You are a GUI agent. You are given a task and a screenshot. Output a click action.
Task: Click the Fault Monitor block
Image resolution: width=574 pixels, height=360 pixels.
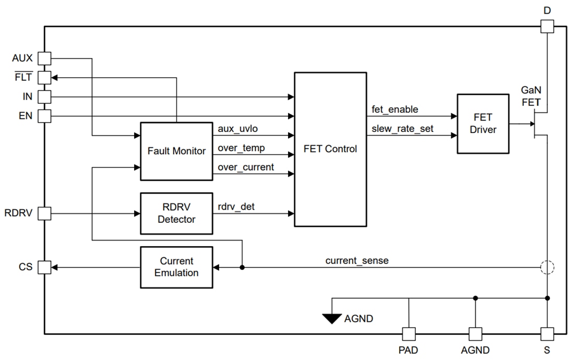coord(176,151)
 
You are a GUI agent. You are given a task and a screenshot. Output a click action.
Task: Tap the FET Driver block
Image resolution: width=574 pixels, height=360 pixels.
coord(483,124)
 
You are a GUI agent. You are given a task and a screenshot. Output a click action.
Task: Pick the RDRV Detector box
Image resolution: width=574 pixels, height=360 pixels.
coord(176,213)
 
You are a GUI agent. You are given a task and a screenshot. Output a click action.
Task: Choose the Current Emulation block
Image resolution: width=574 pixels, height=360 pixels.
coord(176,267)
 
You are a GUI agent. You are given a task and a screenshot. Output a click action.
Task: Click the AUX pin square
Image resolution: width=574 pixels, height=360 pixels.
coord(45,58)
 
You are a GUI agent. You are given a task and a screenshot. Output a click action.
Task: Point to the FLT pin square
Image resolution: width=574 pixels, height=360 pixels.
coord(45,77)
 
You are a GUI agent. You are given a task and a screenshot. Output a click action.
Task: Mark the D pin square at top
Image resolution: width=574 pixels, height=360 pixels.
coord(547,26)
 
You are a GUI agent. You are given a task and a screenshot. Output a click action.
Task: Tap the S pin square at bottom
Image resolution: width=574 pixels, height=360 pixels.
coord(547,333)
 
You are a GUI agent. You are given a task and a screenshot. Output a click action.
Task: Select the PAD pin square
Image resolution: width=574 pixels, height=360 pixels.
coord(409,333)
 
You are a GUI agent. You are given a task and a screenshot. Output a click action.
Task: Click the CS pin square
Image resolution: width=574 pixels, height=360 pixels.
coord(45,267)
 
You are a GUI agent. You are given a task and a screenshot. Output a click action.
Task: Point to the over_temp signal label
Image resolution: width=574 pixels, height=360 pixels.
coord(241,148)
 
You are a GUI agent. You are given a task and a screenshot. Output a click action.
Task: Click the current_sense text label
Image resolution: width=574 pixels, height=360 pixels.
coord(357,260)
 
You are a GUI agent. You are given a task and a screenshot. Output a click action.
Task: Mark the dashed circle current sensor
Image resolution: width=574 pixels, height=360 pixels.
coord(547,267)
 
